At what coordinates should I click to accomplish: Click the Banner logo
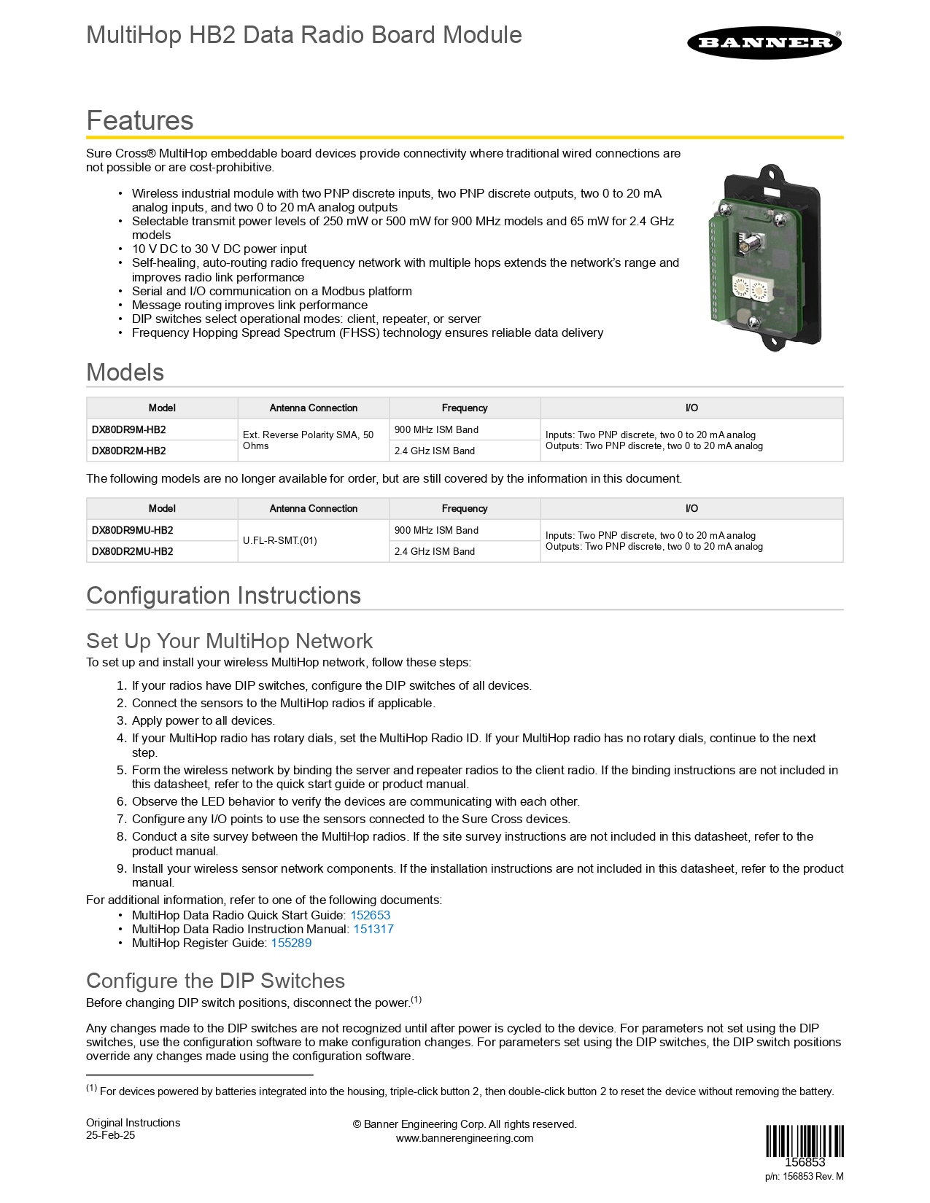[764, 42]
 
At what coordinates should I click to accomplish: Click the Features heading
[140, 120]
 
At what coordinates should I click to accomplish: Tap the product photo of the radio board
[765, 257]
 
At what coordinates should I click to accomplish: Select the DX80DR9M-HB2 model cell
[129, 429]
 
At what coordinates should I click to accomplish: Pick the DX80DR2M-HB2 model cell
[129, 451]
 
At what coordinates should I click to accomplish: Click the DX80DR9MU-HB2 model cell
[133, 530]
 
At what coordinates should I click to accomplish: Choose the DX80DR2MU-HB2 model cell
[133, 551]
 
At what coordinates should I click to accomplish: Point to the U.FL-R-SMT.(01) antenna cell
[280, 541]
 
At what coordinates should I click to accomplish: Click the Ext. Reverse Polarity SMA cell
[309, 440]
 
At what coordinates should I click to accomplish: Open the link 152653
[370, 915]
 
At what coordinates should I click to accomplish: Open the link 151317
[373, 929]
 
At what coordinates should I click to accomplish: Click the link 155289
[291, 943]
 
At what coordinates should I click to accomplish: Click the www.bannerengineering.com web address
[465, 1138]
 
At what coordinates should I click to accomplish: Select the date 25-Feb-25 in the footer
[111, 1135]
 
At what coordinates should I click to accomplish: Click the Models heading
[125, 372]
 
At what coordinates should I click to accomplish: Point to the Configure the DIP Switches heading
[215, 981]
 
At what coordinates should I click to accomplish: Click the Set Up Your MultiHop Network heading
[229, 641]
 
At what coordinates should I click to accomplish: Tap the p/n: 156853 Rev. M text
[804, 1176]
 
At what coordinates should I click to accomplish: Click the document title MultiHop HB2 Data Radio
[304, 35]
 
